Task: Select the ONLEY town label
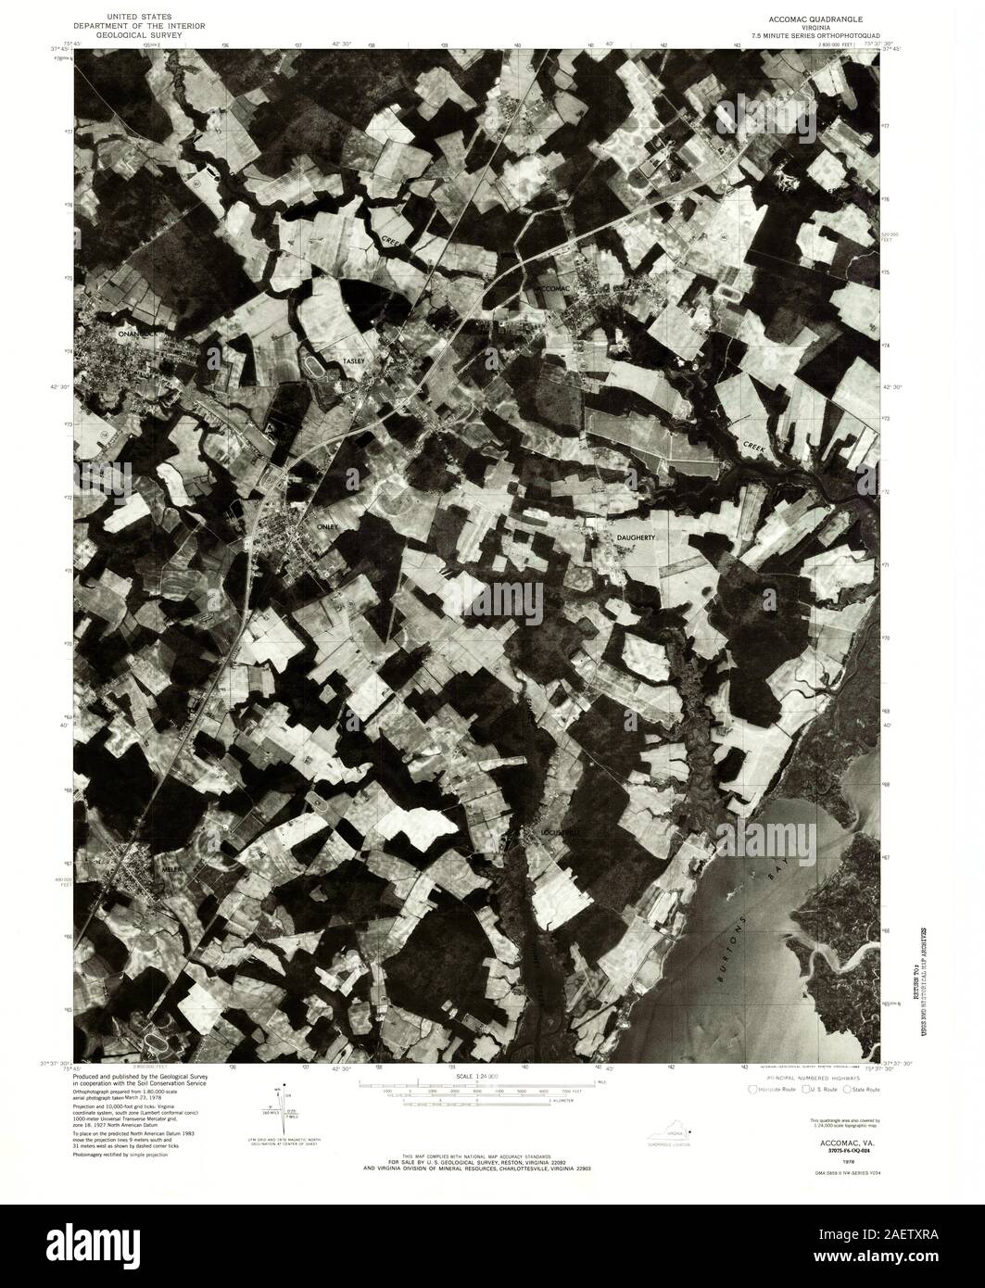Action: [x=330, y=526]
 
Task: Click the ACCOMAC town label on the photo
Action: [x=557, y=289]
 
